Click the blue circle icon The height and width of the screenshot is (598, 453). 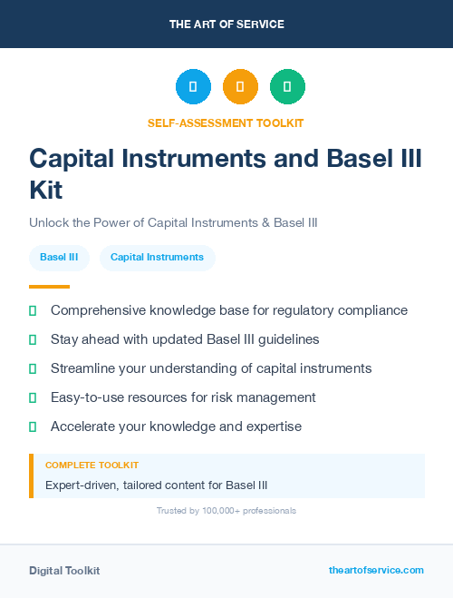pyautogui.click(x=193, y=87)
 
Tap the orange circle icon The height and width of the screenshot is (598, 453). pyautogui.click(x=240, y=87)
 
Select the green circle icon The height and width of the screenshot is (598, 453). pyautogui.click(x=287, y=87)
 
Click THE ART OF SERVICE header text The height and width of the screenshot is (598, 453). pyautogui.click(x=226, y=25)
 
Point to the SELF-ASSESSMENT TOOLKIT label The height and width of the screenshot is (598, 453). pyautogui.click(x=226, y=123)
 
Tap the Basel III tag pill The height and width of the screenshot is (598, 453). pyautogui.click(x=59, y=257)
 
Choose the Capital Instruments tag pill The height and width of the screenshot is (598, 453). pyautogui.click(x=157, y=257)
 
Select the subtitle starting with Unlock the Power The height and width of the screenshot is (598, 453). pyautogui.click(x=173, y=222)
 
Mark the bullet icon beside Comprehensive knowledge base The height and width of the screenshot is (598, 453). pyautogui.click(x=33, y=310)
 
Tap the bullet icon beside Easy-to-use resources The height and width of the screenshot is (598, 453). pyautogui.click(x=33, y=397)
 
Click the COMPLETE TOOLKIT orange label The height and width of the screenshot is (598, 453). pyautogui.click(x=92, y=466)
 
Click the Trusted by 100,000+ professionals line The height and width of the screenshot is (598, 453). pyautogui.click(x=226, y=511)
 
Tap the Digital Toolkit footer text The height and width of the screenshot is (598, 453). pyautogui.click(x=64, y=571)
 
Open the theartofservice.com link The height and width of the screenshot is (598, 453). pyautogui.click(x=376, y=570)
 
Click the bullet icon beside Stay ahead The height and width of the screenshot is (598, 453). pyautogui.click(x=33, y=339)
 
